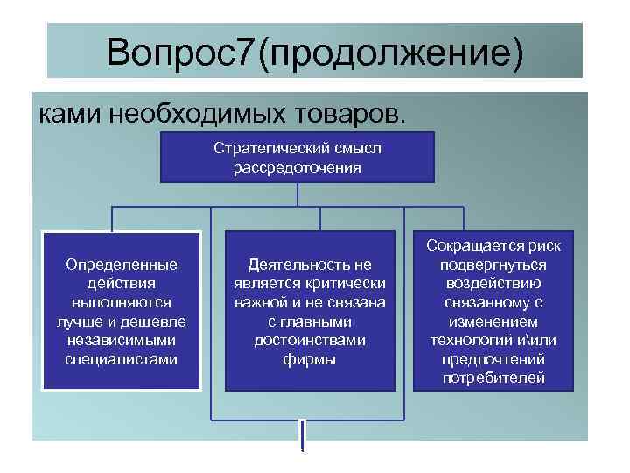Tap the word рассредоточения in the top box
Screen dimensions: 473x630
click(x=297, y=166)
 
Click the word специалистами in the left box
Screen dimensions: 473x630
click(x=122, y=359)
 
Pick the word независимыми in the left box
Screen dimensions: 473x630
click(x=122, y=340)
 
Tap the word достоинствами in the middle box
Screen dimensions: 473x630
click(x=310, y=340)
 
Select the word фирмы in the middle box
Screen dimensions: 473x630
click(x=310, y=359)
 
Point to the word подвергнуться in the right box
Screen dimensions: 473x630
click(x=493, y=264)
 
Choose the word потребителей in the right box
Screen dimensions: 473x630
click(x=493, y=378)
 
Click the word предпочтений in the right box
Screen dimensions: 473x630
click(x=493, y=359)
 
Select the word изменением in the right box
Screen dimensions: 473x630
click(x=493, y=321)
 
